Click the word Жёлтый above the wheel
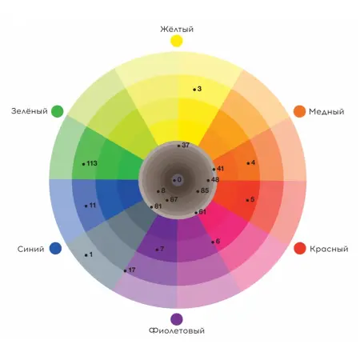(177, 29)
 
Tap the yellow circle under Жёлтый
(177, 41)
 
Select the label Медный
(326, 111)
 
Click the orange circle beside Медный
(299, 111)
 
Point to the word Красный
(329, 249)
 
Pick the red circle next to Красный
(300, 248)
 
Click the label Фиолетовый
(177, 330)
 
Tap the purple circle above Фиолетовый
(177, 319)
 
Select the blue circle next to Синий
(55, 248)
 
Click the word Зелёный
(30, 110)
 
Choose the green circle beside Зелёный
(58, 111)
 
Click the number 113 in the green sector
(92, 163)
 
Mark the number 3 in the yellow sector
(199, 89)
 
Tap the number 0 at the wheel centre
(179, 179)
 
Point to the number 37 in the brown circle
(186, 145)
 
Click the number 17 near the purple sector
(132, 270)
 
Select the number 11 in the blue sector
(93, 205)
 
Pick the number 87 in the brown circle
(174, 199)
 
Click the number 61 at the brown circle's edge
(202, 212)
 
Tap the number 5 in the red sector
(253, 199)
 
